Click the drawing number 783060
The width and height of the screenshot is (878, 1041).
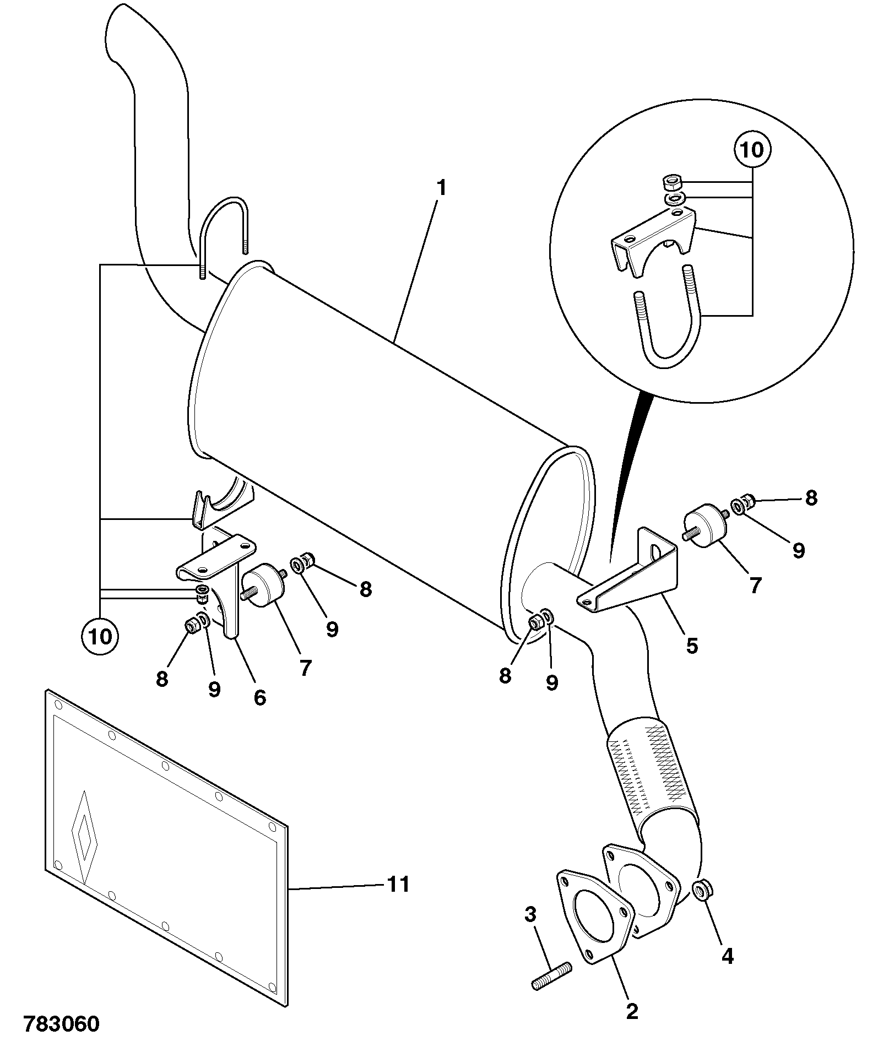pos(61,1023)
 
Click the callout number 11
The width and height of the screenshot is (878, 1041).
pos(398,884)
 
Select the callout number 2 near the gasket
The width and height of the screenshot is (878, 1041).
pos(632,1012)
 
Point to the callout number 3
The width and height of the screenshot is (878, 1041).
pos(530,915)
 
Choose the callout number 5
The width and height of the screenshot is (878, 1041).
pos(692,646)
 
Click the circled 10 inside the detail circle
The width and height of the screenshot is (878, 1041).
pos(753,150)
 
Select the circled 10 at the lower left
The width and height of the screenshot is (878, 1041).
pos(100,637)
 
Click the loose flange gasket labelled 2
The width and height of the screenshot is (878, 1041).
pos(593,921)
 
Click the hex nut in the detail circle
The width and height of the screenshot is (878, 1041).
pos(671,181)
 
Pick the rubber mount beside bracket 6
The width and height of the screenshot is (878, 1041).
pos(264,585)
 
